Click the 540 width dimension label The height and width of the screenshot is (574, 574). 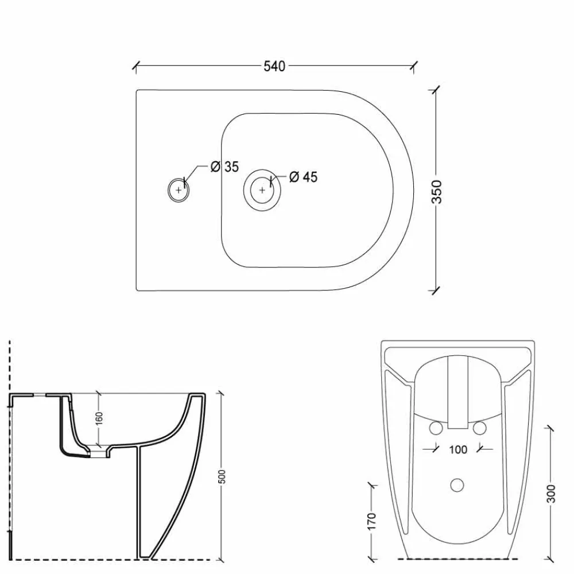tap(274, 66)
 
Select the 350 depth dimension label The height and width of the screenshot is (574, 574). tap(437, 192)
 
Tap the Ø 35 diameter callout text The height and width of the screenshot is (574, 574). tap(224, 167)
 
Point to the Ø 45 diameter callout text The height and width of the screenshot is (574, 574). tap(303, 177)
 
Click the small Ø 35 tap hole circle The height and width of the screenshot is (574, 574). tap(179, 189)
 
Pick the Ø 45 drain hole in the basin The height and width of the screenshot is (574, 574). tap(262, 189)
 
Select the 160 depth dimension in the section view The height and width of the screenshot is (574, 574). tap(99, 418)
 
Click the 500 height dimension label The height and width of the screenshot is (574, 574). tap(222, 476)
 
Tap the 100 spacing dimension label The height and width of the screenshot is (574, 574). tap(458, 449)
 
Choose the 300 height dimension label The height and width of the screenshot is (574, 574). tap(551, 494)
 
